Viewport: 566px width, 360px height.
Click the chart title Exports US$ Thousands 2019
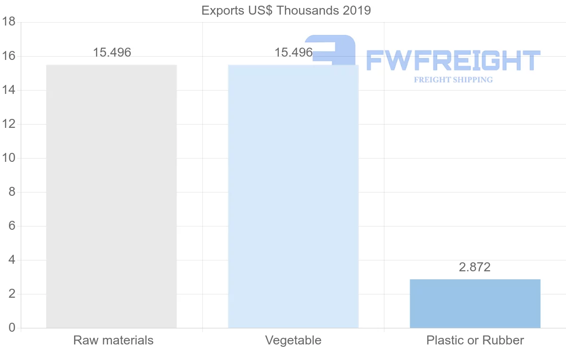click(x=286, y=10)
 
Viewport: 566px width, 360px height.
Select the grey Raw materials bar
click(x=111, y=196)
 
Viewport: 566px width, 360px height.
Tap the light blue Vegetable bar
click(x=293, y=196)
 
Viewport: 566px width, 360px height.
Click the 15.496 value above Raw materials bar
click(x=112, y=52)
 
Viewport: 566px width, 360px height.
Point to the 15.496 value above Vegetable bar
click(x=293, y=52)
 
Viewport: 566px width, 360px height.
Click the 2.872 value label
click(x=474, y=267)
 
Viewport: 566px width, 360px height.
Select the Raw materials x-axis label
click(x=113, y=340)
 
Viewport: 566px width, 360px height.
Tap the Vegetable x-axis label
click(x=293, y=340)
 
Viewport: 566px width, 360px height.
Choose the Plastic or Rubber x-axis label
click(x=475, y=340)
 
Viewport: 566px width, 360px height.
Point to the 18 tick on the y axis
click(x=9, y=22)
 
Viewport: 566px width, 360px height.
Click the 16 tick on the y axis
click(x=9, y=56)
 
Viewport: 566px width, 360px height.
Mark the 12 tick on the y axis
click(x=9, y=124)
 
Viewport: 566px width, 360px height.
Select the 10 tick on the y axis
click(x=9, y=158)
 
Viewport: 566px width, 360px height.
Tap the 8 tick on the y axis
click(x=12, y=192)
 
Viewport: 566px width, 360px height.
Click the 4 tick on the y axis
click(x=12, y=260)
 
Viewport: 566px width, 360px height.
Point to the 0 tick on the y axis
click(x=12, y=328)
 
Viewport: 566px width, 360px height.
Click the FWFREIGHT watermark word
click(x=453, y=60)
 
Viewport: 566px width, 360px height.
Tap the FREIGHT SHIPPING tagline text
click(x=453, y=80)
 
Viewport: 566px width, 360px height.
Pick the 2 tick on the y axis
click(x=12, y=294)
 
